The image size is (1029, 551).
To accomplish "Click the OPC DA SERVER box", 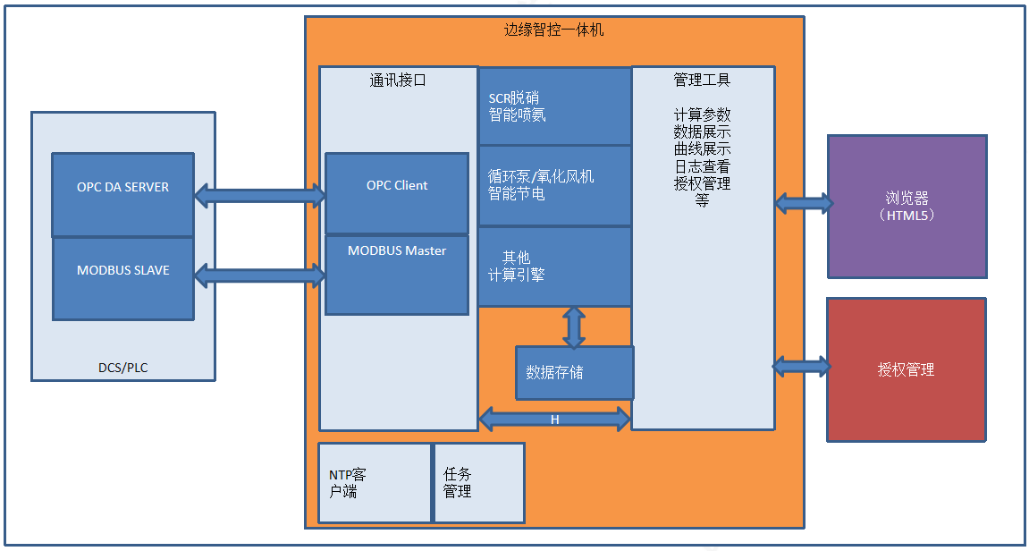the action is point(122,195).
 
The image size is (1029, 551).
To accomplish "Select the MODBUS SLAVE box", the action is point(122,278).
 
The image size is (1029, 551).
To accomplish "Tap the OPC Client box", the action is point(397,194).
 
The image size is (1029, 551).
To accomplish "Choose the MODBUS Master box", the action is point(397,275).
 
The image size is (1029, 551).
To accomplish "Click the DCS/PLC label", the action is point(123,368).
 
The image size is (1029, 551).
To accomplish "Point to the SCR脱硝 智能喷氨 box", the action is point(554,106).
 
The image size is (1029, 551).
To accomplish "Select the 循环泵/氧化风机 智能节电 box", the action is point(554,186).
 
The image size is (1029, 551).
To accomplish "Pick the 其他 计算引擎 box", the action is point(554,267).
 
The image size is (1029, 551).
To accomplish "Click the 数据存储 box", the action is point(574,373).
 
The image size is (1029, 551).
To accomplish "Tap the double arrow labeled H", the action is point(554,419).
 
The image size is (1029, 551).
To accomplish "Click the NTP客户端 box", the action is point(375,483).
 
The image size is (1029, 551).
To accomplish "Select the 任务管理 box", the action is point(479,483).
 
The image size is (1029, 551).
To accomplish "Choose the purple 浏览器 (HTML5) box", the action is point(907,207).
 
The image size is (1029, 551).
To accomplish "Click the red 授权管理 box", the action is point(907,369).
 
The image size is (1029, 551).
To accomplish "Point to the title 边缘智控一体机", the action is point(554,30).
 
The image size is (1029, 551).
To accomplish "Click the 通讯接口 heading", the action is point(398,81).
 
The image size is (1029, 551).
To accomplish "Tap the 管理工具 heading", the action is point(702,81).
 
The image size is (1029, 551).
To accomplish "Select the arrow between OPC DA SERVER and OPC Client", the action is point(260,196).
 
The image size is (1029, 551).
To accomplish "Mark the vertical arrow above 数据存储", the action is point(574,326).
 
